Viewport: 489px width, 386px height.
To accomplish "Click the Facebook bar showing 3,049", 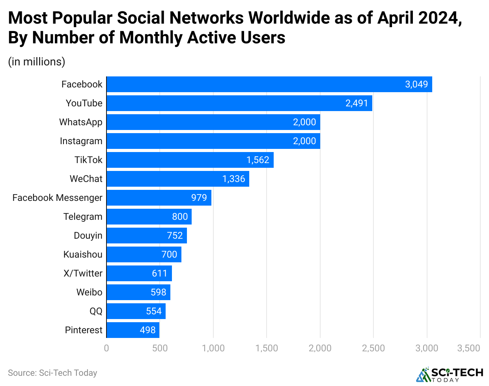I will coord(269,84).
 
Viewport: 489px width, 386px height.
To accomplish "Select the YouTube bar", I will coord(239,103).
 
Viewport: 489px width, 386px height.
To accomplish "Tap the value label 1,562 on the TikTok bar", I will coord(258,160).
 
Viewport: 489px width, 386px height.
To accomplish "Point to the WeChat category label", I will coord(86,179).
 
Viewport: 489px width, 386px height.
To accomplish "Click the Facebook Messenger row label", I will coord(58,198).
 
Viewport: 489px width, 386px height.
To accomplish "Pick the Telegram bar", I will coord(149,217).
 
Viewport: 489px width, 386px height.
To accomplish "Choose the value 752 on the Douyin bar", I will coord(175,236).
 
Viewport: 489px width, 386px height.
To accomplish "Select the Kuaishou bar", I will coord(144,254).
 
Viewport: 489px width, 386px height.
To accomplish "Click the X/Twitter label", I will coord(83,273).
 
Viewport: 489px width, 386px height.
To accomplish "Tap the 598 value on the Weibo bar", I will coord(159,292).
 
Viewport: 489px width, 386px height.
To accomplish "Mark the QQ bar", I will coord(136,311).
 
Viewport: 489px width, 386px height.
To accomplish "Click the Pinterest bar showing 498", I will coord(133,330).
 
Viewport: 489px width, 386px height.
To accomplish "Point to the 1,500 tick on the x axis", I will coord(267,348).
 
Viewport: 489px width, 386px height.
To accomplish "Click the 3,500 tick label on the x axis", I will coord(468,348).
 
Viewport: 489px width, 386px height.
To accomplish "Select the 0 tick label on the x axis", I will coord(106,348).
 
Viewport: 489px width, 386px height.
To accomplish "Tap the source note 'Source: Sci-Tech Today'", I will coord(52,373).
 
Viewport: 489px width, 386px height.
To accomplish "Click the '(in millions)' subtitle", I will coord(37,62).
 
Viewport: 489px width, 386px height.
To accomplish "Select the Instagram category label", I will coord(81,141).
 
